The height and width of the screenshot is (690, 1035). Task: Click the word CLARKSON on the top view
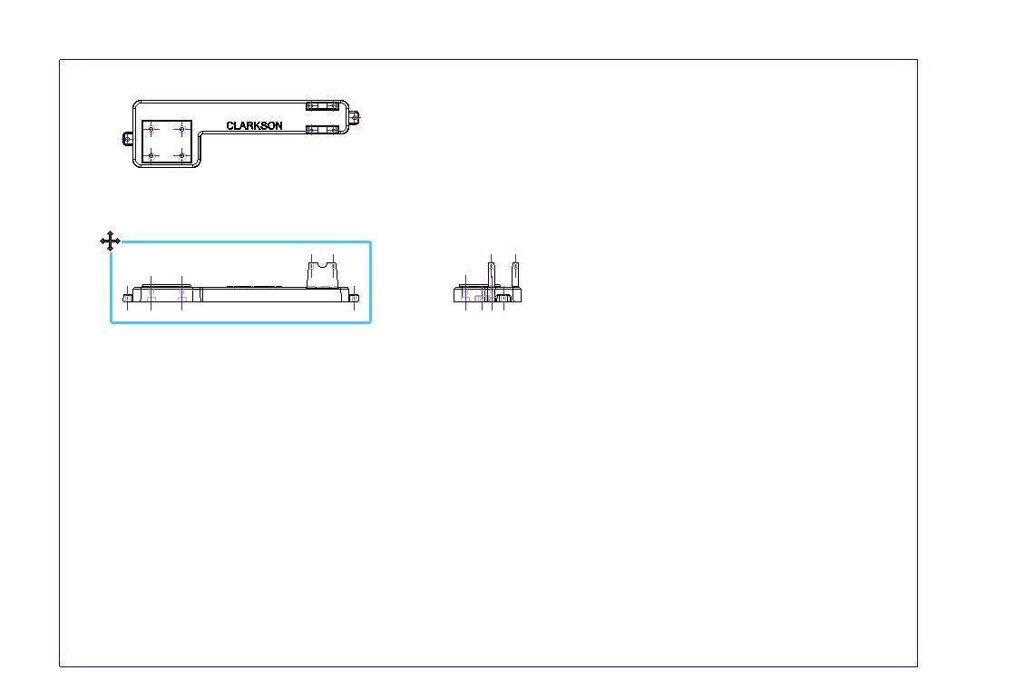(x=254, y=125)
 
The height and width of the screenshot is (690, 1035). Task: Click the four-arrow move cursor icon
(x=111, y=241)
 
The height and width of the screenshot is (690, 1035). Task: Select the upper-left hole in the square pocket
(x=151, y=130)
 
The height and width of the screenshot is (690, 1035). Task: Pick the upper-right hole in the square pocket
(x=182, y=130)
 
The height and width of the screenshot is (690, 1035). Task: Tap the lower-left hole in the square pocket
(x=151, y=156)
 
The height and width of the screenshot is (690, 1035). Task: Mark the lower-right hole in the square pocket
(x=182, y=156)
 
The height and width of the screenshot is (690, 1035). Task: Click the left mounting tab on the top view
(x=127, y=139)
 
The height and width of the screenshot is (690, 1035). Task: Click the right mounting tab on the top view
(x=355, y=118)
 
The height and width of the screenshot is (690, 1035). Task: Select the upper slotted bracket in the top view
(x=323, y=105)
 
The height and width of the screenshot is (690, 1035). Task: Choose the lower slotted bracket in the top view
(x=323, y=130)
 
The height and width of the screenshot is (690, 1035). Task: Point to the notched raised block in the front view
(x=324, y=275)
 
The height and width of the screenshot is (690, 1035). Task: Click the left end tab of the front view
(x=128, y=298)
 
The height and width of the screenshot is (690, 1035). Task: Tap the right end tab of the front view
(x=354, y=298)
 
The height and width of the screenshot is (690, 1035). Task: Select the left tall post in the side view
(x=491, y=275)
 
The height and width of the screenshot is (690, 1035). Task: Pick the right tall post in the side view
(x=515, y=275)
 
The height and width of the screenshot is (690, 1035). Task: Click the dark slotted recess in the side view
(x=503, y=298)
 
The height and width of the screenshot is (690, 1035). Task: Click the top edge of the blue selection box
(x=241, y=241)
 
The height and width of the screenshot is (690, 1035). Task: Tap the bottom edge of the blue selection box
(x=241, y=322)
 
